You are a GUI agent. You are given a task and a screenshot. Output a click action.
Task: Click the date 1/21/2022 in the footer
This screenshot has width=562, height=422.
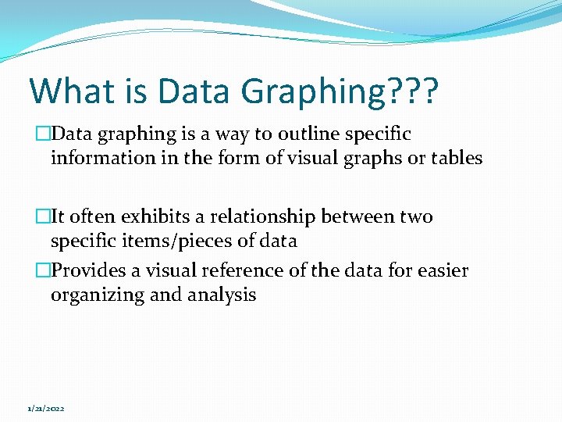(x=46, y=409)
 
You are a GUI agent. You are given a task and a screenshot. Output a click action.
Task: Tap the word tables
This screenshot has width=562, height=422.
(x=457, y=158)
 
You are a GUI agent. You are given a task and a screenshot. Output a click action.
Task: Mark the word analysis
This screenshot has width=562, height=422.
(x=222, y=295)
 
